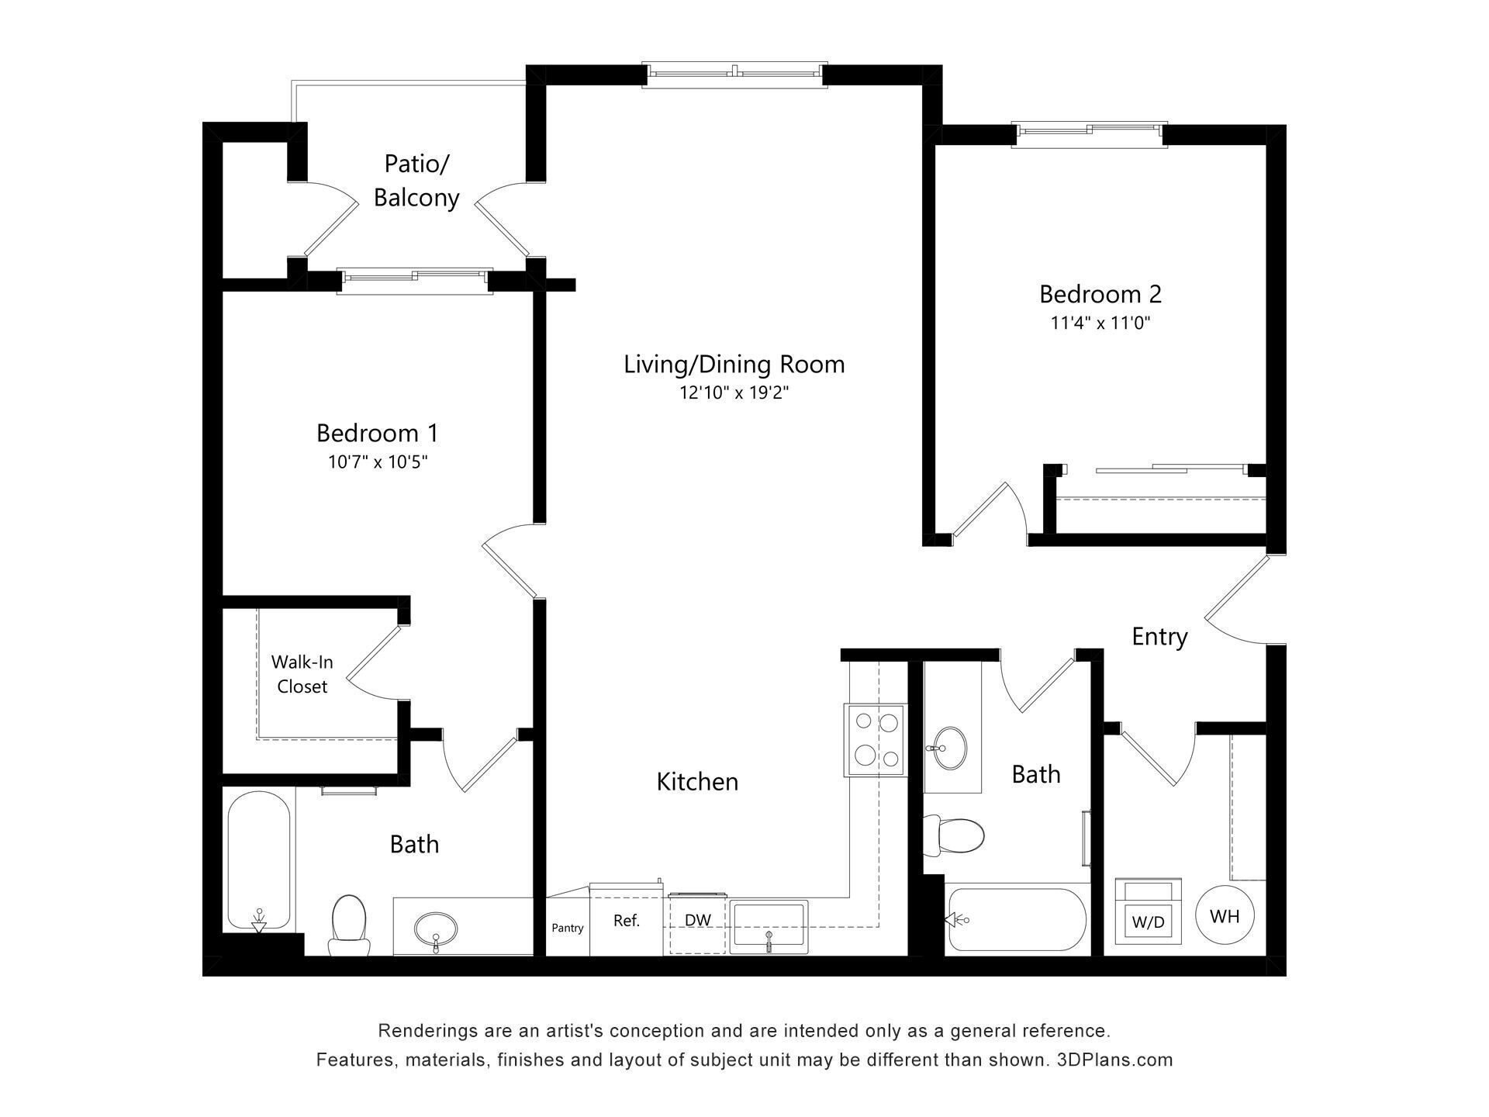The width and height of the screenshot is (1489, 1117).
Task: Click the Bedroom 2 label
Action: coord(1100,295)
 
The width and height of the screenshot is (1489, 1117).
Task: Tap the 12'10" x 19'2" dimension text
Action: coord(734,393)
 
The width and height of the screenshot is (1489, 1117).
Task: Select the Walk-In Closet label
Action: coord(302,674)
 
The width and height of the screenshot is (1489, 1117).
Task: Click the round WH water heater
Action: coord(1225,916)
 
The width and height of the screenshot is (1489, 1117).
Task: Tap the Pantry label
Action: coord(567,928)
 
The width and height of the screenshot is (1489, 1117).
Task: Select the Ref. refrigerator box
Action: coord(626,921)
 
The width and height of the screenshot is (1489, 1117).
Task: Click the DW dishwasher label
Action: coord(697,921)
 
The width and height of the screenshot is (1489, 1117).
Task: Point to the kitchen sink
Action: coord(769,927)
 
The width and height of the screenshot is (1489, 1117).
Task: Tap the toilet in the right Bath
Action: coord(959,835)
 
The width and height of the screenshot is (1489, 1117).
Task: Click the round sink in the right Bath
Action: coord(950,748)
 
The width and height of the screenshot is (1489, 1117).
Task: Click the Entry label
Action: coord(1159,637)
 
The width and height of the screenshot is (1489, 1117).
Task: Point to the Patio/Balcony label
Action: coord(416,181)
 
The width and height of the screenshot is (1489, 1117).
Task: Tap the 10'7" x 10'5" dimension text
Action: coord(378,462)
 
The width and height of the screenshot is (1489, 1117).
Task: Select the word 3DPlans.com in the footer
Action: coord(1114,1060)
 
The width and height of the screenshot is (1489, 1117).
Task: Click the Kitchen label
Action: coord(697,782)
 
